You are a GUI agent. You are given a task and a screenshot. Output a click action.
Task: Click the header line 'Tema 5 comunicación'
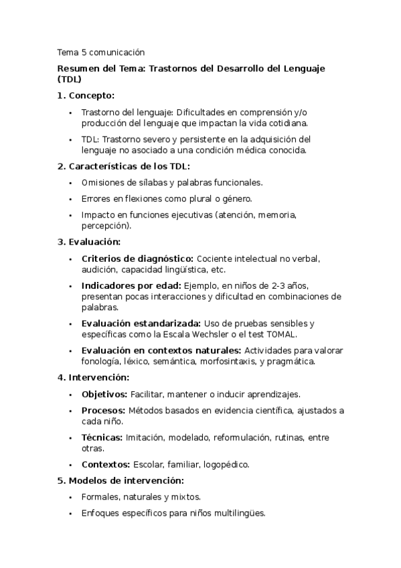click(x=101, y=52)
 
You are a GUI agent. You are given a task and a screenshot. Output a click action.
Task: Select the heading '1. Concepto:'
click(x=86, y=95)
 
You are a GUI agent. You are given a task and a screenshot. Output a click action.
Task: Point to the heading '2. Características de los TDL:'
click(x=123, y=166)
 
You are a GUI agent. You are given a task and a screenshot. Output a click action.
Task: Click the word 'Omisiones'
click(x=102, y=182)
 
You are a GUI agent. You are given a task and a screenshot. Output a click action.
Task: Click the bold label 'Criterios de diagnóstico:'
click(x=137, y=259)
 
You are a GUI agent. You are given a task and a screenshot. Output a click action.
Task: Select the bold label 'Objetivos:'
click(x=104, y=394)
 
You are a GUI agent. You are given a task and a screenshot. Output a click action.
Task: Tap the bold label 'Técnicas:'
click(x=102, y=437)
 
